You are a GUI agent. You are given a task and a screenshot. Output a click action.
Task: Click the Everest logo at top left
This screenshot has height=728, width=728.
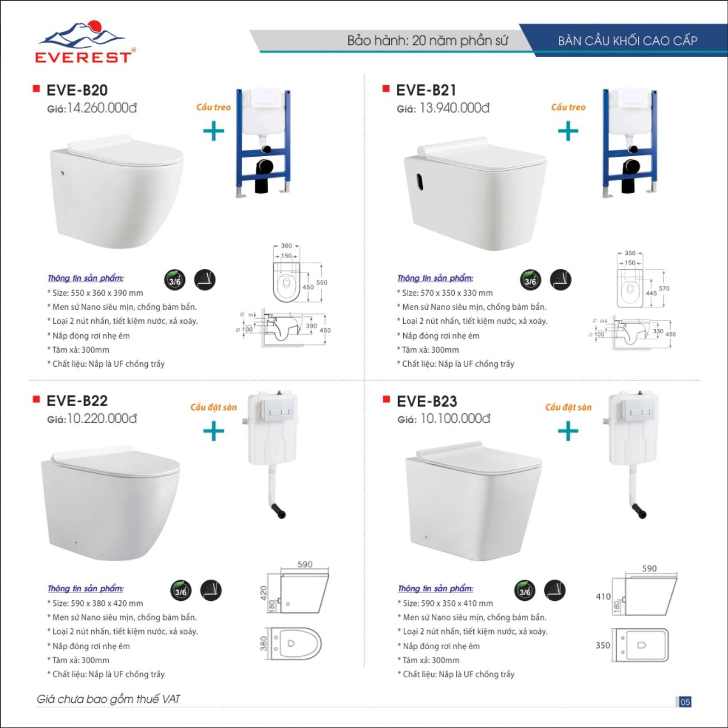[85, 43]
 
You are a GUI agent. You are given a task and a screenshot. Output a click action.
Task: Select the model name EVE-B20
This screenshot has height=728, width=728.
[77, 90]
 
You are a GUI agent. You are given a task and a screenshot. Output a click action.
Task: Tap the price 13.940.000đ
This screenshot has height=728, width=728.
[454, 108]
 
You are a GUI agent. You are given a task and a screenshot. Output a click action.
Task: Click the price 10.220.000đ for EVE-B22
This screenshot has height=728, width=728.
[102, 418]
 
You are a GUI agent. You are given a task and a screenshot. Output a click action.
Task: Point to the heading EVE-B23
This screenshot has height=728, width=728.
[427, 401]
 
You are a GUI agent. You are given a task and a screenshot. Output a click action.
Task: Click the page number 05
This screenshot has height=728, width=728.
[685, 702]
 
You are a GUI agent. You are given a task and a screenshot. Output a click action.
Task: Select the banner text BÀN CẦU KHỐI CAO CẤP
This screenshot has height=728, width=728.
[627, 41]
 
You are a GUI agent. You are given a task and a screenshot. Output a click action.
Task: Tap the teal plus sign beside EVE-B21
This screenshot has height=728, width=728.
[568, 132]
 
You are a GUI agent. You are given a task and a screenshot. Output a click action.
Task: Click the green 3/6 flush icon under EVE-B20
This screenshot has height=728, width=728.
[175, 280]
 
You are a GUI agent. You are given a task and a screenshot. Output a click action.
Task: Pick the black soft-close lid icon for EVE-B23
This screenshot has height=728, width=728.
[554, 590]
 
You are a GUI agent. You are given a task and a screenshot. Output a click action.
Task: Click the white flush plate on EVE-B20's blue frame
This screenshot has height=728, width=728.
[263, 97]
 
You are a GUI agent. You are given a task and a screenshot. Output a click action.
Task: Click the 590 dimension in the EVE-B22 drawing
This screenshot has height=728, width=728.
[305, 564]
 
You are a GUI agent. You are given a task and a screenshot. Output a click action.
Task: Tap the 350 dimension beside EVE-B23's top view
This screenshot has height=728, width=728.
[603, 645]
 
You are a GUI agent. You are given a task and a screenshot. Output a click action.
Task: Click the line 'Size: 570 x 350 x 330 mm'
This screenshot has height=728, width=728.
[447, 293]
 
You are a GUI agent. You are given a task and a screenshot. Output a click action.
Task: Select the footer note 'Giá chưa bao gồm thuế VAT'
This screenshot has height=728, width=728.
[109, 699]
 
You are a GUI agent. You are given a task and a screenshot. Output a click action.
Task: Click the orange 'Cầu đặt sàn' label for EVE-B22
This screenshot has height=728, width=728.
[213, 407]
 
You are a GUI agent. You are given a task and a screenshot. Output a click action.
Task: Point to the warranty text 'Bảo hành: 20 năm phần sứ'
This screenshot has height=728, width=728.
[427, 41]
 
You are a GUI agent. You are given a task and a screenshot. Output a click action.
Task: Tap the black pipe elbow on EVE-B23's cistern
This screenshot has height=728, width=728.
[639, 511]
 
